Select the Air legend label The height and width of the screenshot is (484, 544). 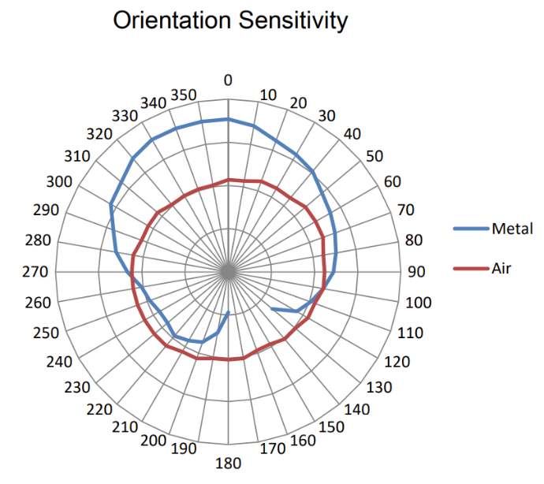pos(501,269)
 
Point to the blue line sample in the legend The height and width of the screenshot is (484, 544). pos(471,229)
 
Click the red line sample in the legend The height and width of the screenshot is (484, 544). pos(471,269)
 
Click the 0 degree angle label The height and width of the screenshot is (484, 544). pos(229,80)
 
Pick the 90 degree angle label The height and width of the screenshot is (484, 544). pos(415,272)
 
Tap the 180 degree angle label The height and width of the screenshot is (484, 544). pos(229,463)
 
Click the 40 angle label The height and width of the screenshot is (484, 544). pos(352,134)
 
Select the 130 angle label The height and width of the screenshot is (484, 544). pos(380,387)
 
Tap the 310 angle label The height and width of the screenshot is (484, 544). pos(77,156)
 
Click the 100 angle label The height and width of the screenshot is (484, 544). pos(418,303)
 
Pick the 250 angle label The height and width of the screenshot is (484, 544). pos(47,333)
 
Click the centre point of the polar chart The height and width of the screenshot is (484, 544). pos(229,272)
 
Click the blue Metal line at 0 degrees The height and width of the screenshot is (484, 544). pos(229,119)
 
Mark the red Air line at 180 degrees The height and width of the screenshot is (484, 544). pos(229,359)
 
